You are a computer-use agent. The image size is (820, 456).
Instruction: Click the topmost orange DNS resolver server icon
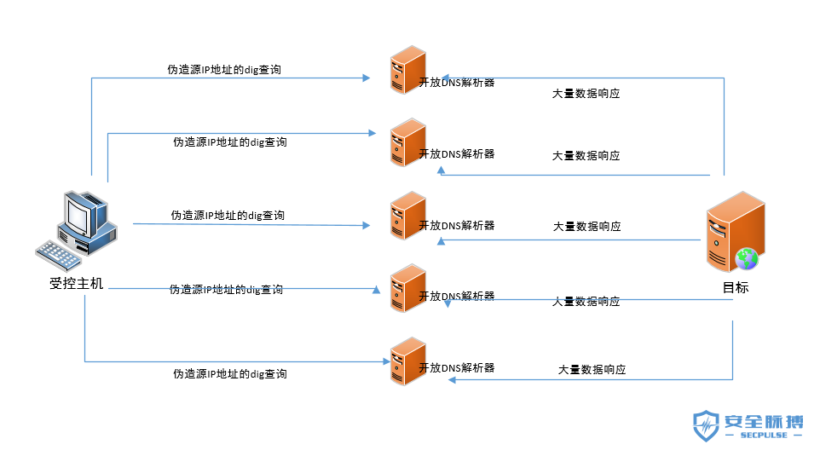tap(407, 70)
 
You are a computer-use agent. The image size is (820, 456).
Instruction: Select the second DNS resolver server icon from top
tap(407, 142)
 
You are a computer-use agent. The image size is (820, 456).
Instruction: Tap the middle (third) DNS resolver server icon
tap(407, 215)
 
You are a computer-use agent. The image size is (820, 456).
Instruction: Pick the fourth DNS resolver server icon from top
tap(407, 287)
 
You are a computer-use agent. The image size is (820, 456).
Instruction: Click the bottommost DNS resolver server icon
tap(407, 361)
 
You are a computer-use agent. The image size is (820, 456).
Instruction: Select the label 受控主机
tap(77, 284)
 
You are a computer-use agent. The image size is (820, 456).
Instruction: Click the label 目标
tap(736, 287)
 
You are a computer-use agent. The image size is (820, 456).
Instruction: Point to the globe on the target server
tap(747, 257)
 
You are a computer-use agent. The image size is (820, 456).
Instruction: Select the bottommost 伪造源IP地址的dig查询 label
tap(230, 373)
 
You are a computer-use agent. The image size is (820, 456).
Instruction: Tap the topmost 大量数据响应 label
tap(586, 94)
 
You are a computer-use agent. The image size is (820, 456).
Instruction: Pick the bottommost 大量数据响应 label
tap(592, 370)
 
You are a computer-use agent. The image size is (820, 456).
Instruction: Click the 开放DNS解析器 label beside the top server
tap(457, 83)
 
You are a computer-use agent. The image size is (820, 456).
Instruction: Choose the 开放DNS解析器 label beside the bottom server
tap(457, 367)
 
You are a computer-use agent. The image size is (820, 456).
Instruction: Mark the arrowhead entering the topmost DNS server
tap(367, 78)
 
